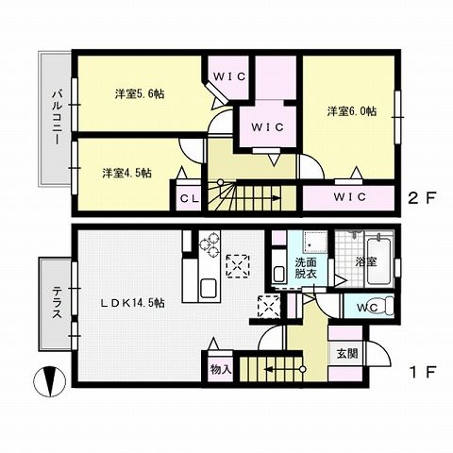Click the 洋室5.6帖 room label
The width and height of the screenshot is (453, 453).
[140, 93]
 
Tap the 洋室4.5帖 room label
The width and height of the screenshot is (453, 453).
[127, 173]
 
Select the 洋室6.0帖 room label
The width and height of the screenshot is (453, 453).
[352, 111]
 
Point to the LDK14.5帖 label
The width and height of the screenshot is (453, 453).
[132, 303]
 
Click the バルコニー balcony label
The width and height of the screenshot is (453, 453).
[57, 117]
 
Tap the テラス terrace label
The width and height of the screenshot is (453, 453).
[57, 302]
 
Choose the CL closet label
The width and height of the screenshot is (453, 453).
[190, 198]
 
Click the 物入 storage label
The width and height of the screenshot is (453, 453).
[221, 369]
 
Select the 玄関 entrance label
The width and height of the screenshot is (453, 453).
[347, 353]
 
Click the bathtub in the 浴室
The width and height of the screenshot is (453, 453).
[379, 261]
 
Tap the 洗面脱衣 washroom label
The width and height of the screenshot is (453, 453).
[306, 268]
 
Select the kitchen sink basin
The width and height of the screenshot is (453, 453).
[209, 288]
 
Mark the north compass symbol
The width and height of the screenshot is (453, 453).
[49, 381]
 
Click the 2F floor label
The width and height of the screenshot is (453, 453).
[422, 197]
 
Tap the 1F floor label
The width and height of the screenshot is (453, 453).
[423, 372]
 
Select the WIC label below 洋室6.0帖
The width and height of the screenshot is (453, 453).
[350, 197]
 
